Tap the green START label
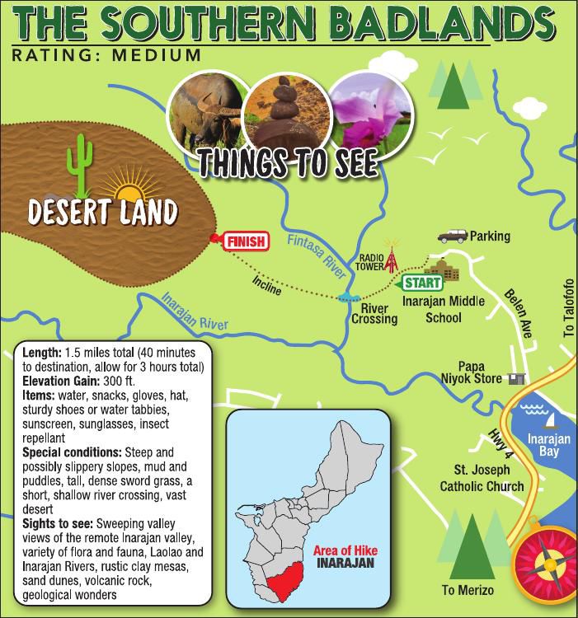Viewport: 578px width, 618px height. [420, 283]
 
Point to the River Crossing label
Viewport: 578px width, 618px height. [374, 313]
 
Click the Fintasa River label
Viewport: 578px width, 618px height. [308, 251]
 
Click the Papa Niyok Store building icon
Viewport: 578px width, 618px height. [516, 378]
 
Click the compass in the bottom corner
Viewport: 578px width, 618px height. [545, 569]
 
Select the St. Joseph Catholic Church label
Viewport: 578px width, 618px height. [482, 479]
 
